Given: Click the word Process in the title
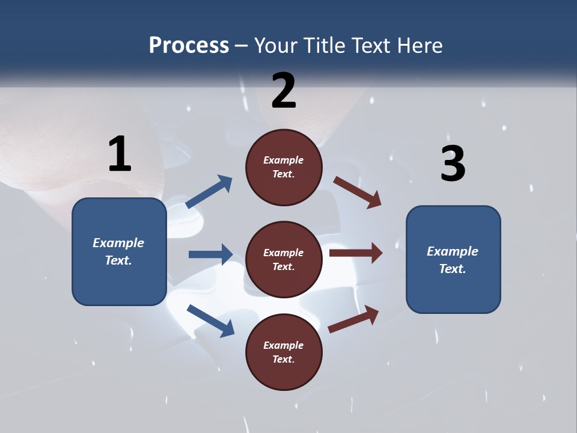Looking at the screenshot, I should coord(189,46).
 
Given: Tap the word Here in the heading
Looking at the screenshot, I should coord(418,46).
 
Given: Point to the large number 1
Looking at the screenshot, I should coord(120,154).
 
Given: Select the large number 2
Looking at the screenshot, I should coord(284,91).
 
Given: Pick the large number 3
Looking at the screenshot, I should coord(453,164).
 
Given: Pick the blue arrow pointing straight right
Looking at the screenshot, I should coord(210,254).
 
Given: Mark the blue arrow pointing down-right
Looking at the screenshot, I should coord(210,321).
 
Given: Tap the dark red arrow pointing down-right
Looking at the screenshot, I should coord(358,192).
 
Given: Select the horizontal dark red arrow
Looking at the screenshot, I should coord(355,253).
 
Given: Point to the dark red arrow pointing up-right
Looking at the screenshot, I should coord(353,319).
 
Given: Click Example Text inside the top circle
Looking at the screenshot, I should coord(284,167).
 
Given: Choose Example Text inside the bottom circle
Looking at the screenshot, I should coord(284,352).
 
